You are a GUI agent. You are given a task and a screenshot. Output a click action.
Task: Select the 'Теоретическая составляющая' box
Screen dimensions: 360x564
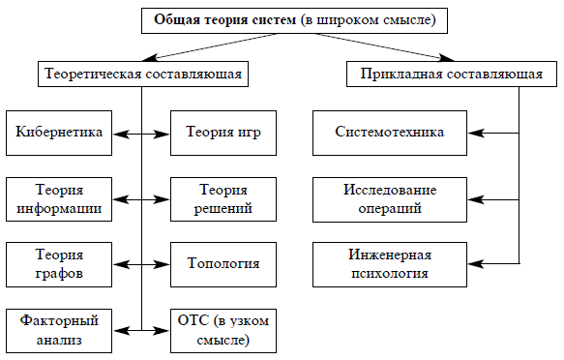pyautogui.click(x=141, y=74)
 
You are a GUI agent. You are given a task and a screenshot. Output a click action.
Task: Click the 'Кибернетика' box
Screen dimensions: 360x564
pyautogui.click(x=59, y=133)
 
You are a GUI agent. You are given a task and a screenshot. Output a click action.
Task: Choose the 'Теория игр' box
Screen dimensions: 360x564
pyautogui.click(x=224, y=133)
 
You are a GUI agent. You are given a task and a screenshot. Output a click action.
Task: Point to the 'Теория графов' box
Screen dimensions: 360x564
pyautogui.click(x=59, y=263)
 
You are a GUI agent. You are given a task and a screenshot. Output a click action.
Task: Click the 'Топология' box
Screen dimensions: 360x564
pyautogui.click(x=224, y=263)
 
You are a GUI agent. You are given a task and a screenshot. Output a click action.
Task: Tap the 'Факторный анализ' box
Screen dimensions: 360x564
pyautogui.click(x=59, y=329)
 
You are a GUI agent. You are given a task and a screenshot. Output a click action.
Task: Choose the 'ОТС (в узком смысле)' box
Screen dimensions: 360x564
pyautogui.click(x=224, y=329)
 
